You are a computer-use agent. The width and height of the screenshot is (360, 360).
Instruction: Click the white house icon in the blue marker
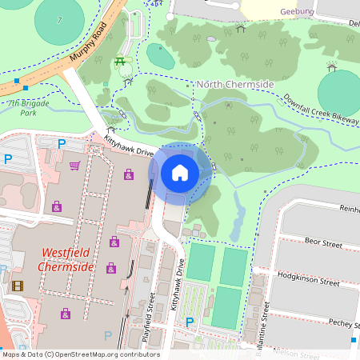(x=180, y=171)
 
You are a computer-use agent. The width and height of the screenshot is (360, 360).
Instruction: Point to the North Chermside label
(x=235, y=84)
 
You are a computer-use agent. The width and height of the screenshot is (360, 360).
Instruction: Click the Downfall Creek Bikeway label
(x=321, y=110)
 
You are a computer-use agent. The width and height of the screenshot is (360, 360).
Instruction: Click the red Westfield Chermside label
(x=67, y=260)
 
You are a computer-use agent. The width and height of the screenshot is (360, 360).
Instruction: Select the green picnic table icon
(x=121, y=61)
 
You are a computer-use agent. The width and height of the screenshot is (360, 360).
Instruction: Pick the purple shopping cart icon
(x=75, y=166)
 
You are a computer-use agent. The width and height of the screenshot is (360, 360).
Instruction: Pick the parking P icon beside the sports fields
(x=190, y=322)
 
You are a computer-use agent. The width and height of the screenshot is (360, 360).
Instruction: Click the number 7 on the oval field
(x=61, y=19)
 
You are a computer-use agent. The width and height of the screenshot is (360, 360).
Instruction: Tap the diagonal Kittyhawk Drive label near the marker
(x=128, y=145)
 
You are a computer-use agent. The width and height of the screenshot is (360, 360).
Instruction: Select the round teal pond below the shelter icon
(x=340, y=90)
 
